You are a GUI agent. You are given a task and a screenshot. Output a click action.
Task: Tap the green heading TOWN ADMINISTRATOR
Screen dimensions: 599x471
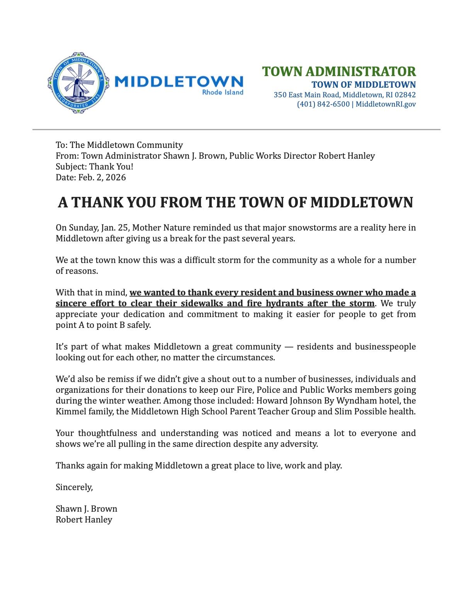pyautogui.click(x=338, y=72)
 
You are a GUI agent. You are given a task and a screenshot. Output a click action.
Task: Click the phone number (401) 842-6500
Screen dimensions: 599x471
pyautogui.click(x=323, y=104)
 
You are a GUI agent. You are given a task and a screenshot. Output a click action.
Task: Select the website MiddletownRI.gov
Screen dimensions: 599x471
pyautogui.click(x=386, y=104)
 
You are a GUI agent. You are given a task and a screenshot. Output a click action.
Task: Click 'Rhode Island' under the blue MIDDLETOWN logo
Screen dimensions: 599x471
pyautogui.click(x=223, y=92)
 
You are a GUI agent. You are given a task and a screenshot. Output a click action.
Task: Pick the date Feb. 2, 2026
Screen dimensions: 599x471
pyautogui.click(x=102, y=178)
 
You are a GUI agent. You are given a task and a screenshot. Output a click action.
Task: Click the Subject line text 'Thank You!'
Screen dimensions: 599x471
pyautogui.click(x=111, y=167)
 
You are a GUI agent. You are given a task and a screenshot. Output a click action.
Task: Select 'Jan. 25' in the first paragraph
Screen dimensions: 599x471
pyautogui.click(x=115, y=228)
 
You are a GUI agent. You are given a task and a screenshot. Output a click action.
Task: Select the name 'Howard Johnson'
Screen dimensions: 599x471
pyautogui.click(x=286, y=401)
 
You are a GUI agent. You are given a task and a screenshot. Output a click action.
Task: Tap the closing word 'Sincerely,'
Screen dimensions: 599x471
pyautogui.click(x=74, y=487)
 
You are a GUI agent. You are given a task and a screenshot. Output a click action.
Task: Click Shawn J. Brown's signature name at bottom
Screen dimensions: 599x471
pyautogui.click(x=86, y=509)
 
